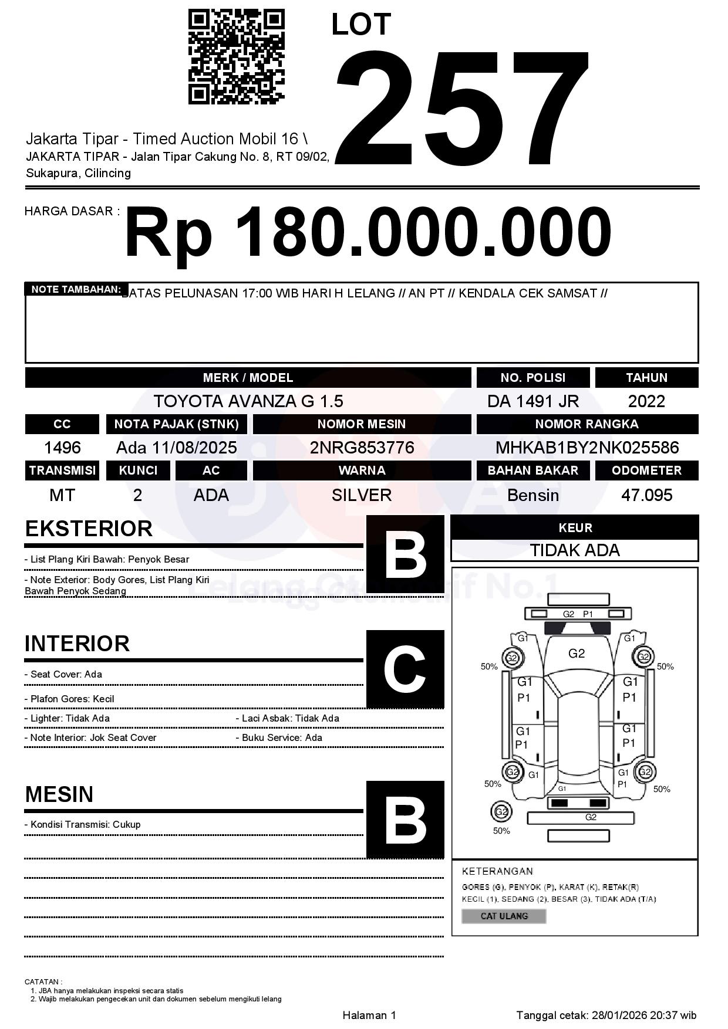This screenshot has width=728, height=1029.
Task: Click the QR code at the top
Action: pyautogui.click(x=236, y=57)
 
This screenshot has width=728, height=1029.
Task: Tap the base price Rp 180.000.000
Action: pyautogui.click(x=368, y=233)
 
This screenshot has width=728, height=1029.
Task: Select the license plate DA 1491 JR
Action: pyautogui.click(x=532, y=401)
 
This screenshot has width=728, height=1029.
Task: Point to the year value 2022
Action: pyautogui.click(x=646, y=401)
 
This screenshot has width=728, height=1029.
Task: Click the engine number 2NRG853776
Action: pyautogui.click(x=362, y=448)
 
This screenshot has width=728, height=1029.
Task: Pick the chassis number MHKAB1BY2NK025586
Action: pyautogui.click(x=587, y=448)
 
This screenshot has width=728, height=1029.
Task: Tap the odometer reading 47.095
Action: pyautogui.click(x=646, y=495)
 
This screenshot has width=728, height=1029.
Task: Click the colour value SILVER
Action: pyautogui.click(x=362, y=495)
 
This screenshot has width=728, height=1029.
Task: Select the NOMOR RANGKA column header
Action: pyautogui.click(x=587, y=424)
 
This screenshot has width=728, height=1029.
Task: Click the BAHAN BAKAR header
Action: pyautogui.click(x=532, y=471)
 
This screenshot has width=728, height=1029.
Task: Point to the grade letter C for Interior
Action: pyautogui.click(x=405, y=669)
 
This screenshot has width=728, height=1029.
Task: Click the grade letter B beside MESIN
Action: pyautogui.click(x=405, y=820)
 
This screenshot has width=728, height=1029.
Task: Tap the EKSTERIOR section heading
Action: pyautogui.click(x=89, y=529)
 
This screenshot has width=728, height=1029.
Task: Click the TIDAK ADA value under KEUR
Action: pyautogui.click(x=575, y=550)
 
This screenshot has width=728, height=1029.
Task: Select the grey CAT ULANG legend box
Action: pyautogui.click(x=504, y=916)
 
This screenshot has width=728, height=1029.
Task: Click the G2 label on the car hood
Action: pyautogui.click(x=577, y=654)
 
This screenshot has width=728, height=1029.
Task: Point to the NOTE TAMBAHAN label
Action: pyautogui.click(x=76, y=289)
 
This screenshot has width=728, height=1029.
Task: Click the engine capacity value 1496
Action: pyautogui.click(x=62, y=448)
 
